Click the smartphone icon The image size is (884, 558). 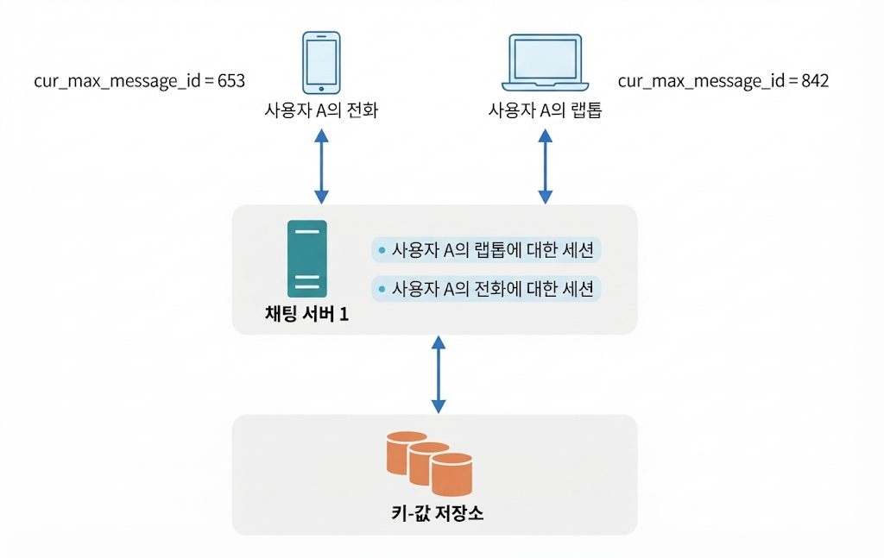[x=321, y=62]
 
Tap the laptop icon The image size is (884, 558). [x=546, y=62]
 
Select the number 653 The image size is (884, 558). [x=231, y=80]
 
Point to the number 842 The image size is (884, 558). [x=815, y=80]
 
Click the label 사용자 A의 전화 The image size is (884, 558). [x=321, y=110]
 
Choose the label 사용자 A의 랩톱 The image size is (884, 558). [x=546, y=110]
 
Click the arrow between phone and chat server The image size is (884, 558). [x=321, y=166]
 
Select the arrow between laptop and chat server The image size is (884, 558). [x=546, y=166]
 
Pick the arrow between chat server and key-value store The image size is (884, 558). [x=439, y=374]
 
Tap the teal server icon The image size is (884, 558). [x=307, y=259]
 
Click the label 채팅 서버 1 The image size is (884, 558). [x=307, y=314]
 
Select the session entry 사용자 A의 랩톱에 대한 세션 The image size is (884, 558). [x=486, y=249]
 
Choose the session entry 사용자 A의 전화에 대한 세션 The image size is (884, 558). [x=486, y=288]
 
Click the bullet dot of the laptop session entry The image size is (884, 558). [x=382, y=250]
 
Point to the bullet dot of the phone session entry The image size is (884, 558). [x=382, y=289]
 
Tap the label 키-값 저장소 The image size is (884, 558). [x=438, y=513]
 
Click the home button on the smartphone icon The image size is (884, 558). [x=321, y=89]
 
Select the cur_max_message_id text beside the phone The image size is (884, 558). [x=117, y=82]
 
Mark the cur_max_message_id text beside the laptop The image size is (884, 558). [x=701, y=82]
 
